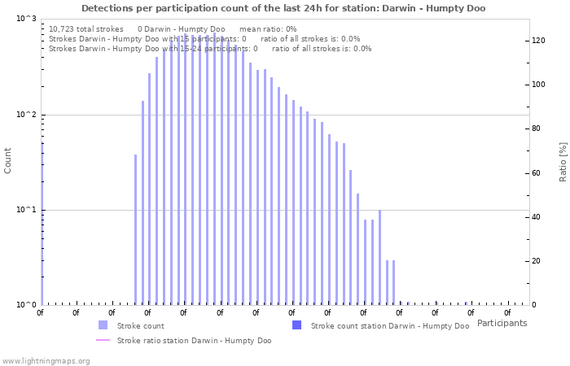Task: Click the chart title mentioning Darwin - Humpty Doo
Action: pos(283,8)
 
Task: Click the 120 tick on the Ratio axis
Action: pos(538,41)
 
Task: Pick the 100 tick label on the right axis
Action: pos(538,85)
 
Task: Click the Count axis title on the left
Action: pos(8,160)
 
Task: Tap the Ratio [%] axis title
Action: pos(563,161)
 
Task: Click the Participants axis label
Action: pos(502,323)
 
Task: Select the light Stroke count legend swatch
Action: pos(103,325)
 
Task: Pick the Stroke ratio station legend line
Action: pos(103,341)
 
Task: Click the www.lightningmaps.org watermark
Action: pos(46,360)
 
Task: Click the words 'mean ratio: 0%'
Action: pos(274,28)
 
